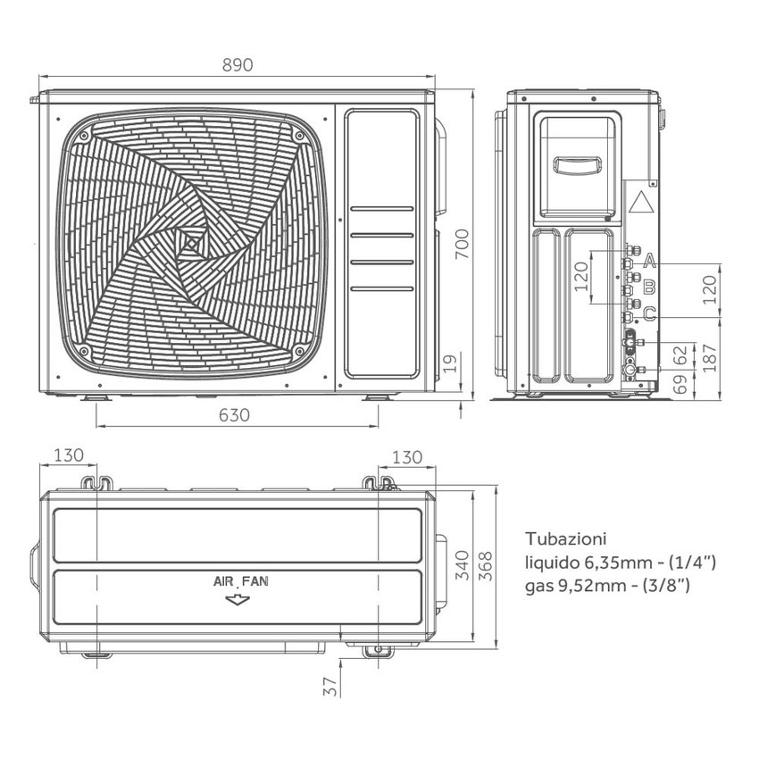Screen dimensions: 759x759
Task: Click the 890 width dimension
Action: click(x=237, y=65)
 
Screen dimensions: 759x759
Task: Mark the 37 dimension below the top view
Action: click(x=329, y=686)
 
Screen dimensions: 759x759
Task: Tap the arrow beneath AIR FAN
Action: click(x=238, y=600)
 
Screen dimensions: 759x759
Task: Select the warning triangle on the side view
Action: click(x=640, y=202)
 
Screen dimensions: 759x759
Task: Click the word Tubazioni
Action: click(x=566, y=539)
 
